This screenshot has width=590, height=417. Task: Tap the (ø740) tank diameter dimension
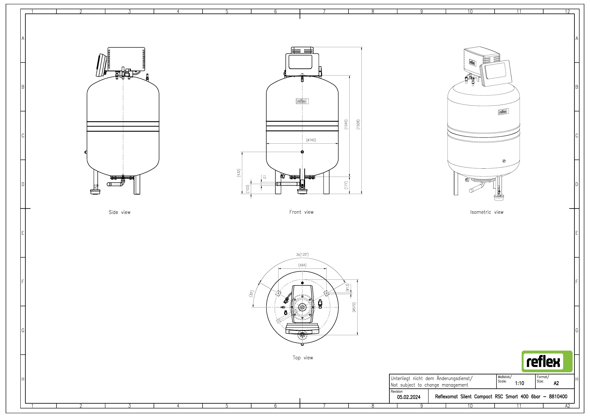[311, 140]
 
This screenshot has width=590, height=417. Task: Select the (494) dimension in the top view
[302, 265]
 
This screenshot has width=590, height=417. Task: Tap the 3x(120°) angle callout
[302, 254]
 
